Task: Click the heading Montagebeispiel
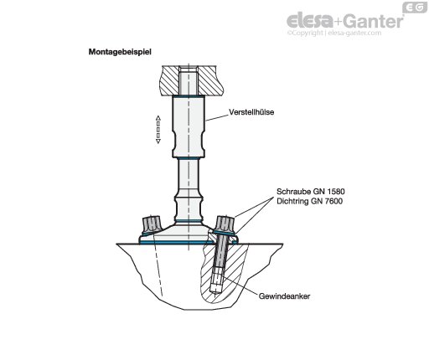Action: (x=120, y=52)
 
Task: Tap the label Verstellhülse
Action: (x=251, y=112)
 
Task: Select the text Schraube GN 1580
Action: (x=311, y=192)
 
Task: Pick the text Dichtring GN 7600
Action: (x=309, y=201)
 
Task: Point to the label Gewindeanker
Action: (x=284, y=296)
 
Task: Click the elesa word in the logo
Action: (x=310, y=21)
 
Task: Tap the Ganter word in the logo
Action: (x=373, y=22)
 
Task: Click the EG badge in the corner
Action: (x=415, y=8)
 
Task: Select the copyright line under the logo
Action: (x=334, y=33)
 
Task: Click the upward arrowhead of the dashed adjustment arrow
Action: (x=158, y=118)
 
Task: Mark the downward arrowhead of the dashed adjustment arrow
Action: (x=158, y=141)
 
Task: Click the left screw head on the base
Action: (x=151, y=224)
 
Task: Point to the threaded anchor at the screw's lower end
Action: (x=216, y=281)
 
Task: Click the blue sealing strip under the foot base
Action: (x=189, y=243)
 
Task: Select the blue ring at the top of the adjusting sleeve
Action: (x=189, y=96)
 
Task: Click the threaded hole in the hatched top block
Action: (x=189, y=80)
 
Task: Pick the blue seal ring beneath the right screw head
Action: (x=224, y=233)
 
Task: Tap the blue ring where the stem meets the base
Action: (x=189, y=221)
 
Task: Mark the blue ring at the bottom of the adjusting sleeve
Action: (x=189, y=158)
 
